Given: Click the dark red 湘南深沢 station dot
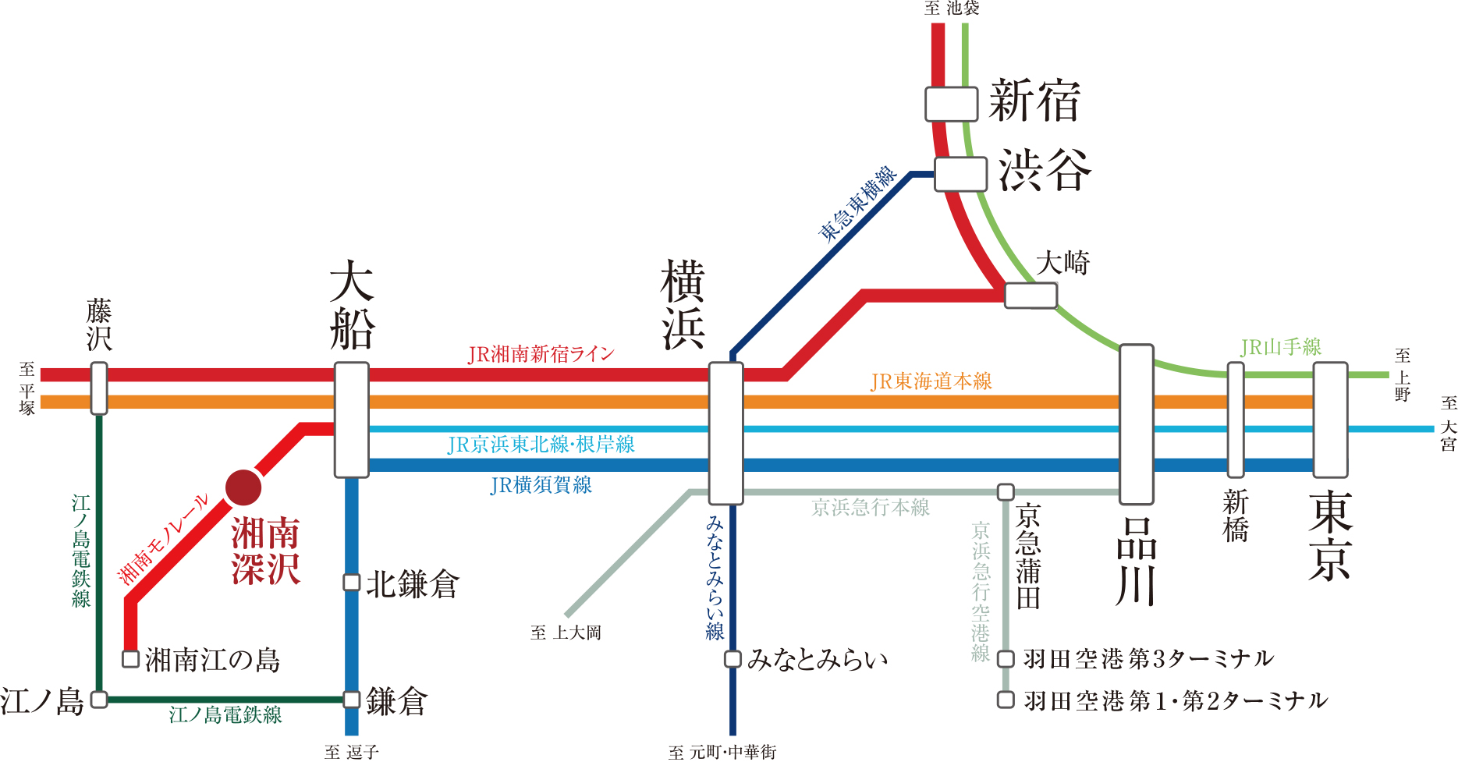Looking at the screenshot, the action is pyautogui.click(x=243, y=487).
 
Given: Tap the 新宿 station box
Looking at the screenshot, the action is pyautogui.click(x=952, y=105).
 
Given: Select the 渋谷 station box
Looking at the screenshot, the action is pyautogui.click(x=961, y=174).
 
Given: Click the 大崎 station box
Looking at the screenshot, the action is pyautogui.click(x=1031, y=296).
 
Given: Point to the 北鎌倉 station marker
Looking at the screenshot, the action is pyautogui.click(x=352, y=583).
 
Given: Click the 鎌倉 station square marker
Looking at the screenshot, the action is pyautogui.click(x=352, y=700).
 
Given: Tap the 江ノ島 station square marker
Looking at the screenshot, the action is pyautogui.click(x=99, y=700).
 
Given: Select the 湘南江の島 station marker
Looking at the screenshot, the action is pyautogui.click(x=131, y=659).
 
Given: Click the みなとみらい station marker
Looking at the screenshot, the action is pyautogui.click(x=733, y=659).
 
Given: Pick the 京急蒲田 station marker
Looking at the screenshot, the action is pyautogui.click(x=1006, y=492).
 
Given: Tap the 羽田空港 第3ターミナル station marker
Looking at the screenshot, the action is pyautogui.click(x=1006, y=659).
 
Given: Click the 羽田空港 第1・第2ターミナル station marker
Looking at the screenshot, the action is pyautogui.click(x=1006, y=700).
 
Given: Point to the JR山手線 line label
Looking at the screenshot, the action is pyautogui.click(x=1281, y=347).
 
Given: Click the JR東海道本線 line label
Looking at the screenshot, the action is pyautogui.click(x=931, y=381).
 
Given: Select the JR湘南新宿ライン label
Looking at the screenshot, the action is pyautogui.click(x=541, y=355).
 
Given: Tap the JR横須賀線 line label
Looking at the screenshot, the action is pyautogui.click(x=541, y=485).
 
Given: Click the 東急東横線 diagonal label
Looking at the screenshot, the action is pyautogui.click(x=858, y=204).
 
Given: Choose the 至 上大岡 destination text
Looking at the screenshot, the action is pyautogui.click(x=566, y=633).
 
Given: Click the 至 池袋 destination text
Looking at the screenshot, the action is pyautogui.click(x=952, y=9).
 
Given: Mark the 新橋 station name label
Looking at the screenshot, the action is pyautogui.click(x=1236, y=516).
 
